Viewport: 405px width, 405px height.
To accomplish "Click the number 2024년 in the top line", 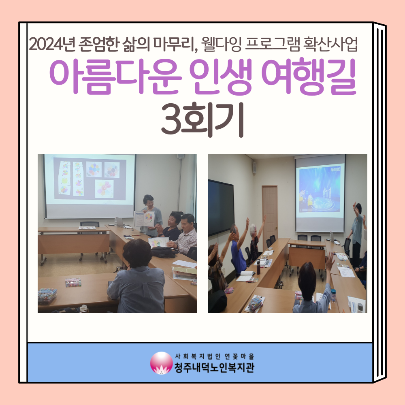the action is pos(52,45).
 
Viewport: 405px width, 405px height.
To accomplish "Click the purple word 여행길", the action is pos(309,77).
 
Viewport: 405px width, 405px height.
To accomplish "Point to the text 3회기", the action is pos(202,120).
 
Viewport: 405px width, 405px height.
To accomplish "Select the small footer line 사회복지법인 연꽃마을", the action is pos(214,356).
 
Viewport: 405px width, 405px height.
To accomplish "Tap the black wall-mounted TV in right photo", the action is pos(221,207).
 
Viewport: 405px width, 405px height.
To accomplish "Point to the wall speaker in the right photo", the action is pos(254,168).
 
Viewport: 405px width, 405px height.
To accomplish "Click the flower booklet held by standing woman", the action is pos(144,219).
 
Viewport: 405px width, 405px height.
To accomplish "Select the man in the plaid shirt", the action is pos(184,234).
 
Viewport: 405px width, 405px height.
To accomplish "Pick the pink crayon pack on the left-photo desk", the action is pos(73,282).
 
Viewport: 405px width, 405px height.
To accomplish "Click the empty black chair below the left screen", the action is pos(90,224).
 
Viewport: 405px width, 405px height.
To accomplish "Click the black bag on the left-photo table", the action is pos(164,252).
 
